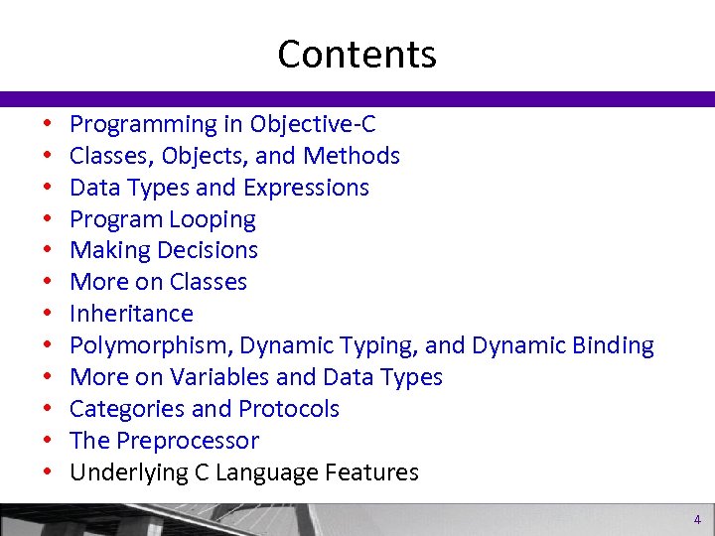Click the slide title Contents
click(357, 54)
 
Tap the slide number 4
click(697, 519)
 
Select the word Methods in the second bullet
click(352, 156)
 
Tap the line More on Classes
click(158, 282)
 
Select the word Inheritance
click(131, 314)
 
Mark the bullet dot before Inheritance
click(47, 315)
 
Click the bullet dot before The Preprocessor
click(47, 442)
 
